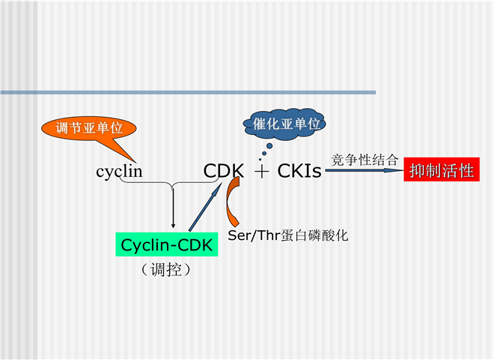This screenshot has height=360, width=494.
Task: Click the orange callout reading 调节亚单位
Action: click(88, 128)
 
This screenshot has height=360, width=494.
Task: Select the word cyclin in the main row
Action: click(119, 172)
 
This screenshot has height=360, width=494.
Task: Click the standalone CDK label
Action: click(223, 172)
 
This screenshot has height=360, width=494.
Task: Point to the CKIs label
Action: click(299, 172)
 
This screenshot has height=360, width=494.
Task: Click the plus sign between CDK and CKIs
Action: click(261, 172)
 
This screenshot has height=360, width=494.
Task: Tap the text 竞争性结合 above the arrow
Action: click(365, 159)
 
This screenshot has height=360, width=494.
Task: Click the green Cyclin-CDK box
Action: click(167, 244)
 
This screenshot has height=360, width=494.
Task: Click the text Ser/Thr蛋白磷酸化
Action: click(288, 235)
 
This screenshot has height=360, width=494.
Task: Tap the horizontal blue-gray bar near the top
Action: click(187, 92)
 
